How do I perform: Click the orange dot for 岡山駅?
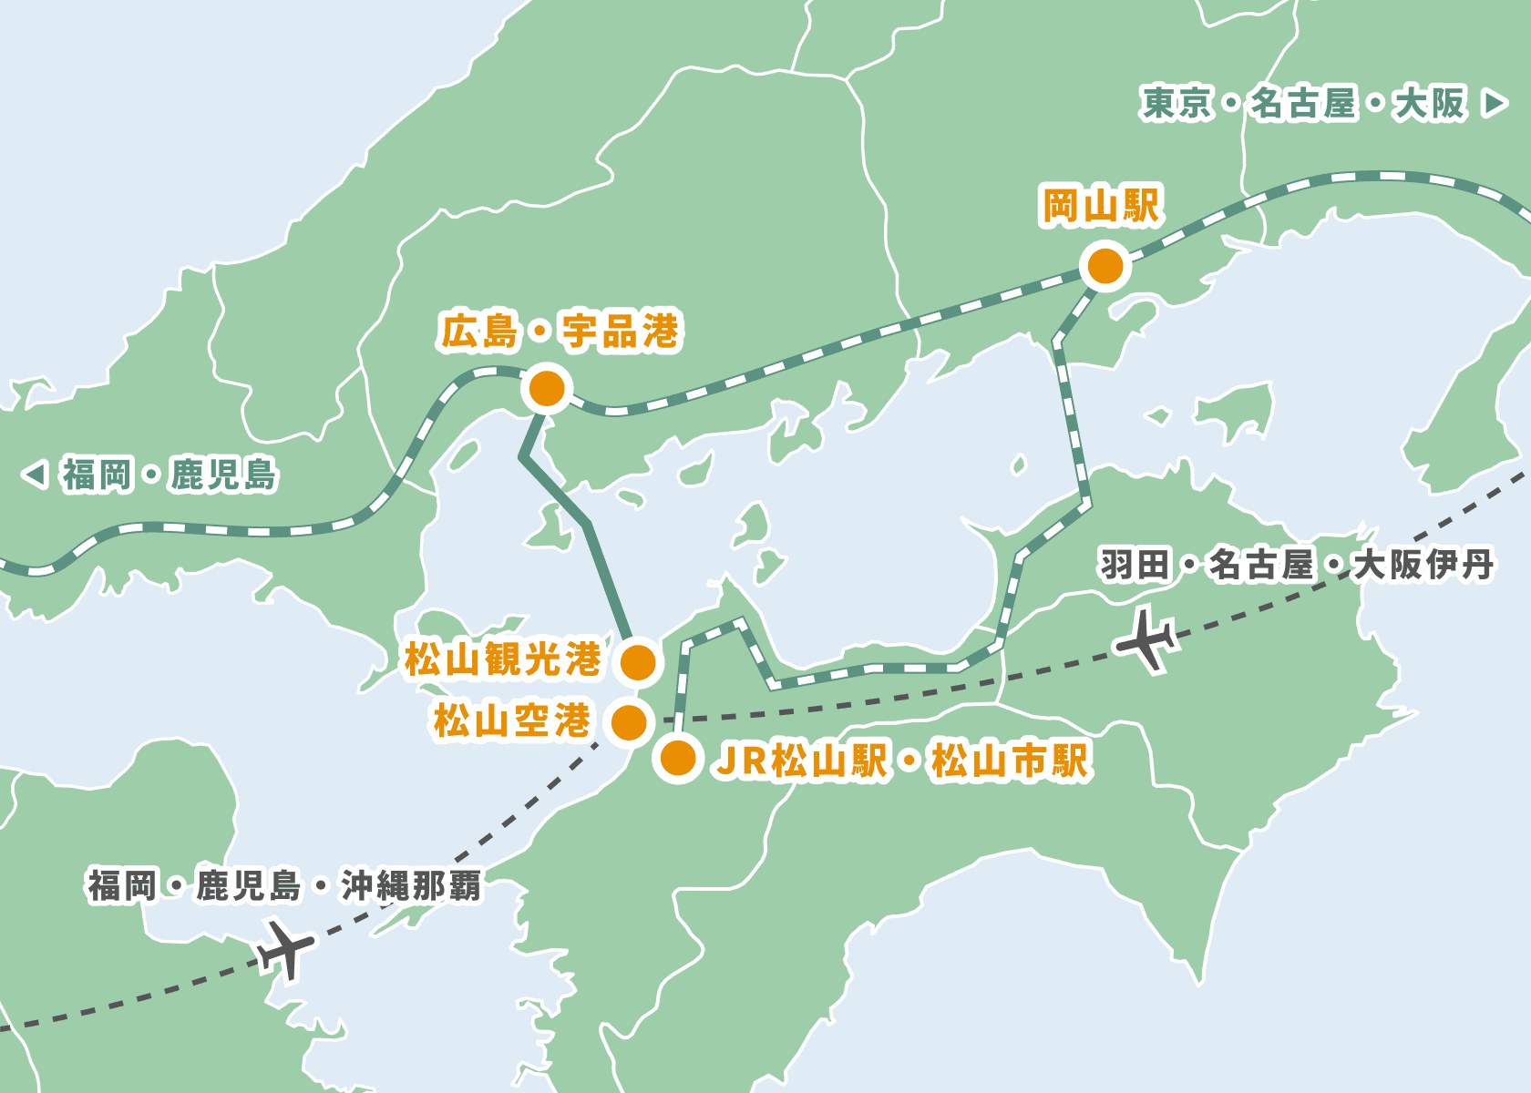coord(1105,267)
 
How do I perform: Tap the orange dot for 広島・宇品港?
coord(546,389)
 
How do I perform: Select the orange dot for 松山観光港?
coord(638,662)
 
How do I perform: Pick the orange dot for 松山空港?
coord(629,722)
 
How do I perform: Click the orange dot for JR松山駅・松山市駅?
coord(678,759)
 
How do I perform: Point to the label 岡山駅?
coord(1101,207)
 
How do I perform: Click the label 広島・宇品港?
coord(560,331)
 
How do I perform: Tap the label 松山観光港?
coord(503,659)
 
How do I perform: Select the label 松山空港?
coord(512,721)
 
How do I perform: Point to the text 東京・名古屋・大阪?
coord(1303,103)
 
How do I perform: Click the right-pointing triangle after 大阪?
coord(1495,103)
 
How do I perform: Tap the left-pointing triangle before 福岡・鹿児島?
coord(35,475)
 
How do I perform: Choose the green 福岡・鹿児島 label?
coord(170,475)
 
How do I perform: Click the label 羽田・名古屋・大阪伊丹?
coord(1296,565)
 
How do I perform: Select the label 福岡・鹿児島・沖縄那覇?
coord(284,885)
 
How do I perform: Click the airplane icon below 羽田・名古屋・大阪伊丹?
coord(1146,639)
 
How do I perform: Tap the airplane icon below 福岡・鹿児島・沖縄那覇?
coord(285,949)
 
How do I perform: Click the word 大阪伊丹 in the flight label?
coord(1423,565)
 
